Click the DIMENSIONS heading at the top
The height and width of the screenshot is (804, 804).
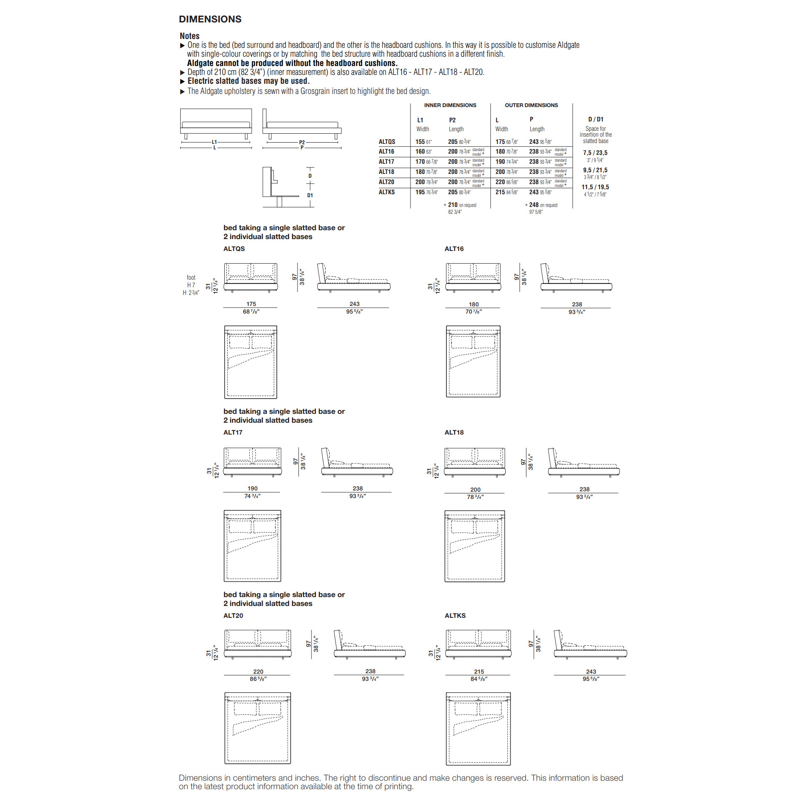[x=210, y=19]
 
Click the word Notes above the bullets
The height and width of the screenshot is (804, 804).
[x=189, y=36]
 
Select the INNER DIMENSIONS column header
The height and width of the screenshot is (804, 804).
[x=450, y=105]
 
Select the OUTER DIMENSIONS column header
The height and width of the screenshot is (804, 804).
[x=531, y=105]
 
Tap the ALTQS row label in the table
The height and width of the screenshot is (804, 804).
[x=387, y=142]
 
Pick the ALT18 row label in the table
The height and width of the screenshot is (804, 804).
[x=386, y=172]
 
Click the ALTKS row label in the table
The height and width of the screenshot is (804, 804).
[x=386, y=192]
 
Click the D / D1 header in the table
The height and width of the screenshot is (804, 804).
[x=595, y=119]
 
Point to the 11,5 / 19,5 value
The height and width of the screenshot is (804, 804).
[x=595, y=187]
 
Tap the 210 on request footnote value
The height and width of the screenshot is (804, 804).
[x=453, y=205]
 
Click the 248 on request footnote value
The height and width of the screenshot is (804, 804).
[x=534, y=205]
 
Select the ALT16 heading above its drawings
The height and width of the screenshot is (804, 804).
[x=454, y=249]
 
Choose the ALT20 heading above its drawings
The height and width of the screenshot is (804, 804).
[x=233, y=616]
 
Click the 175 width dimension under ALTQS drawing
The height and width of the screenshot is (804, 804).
[x=251, y=304]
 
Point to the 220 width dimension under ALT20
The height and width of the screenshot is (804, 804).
[x=258, y=672]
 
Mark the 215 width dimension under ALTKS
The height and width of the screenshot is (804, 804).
[x=479, y=672]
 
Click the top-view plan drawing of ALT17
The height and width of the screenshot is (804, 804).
[x=252, y=546]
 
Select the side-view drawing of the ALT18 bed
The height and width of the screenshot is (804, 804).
[x=584, y=463]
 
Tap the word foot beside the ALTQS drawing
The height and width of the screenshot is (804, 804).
[x=191, y=278]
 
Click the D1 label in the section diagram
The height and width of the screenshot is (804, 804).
[x=310, y=195]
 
